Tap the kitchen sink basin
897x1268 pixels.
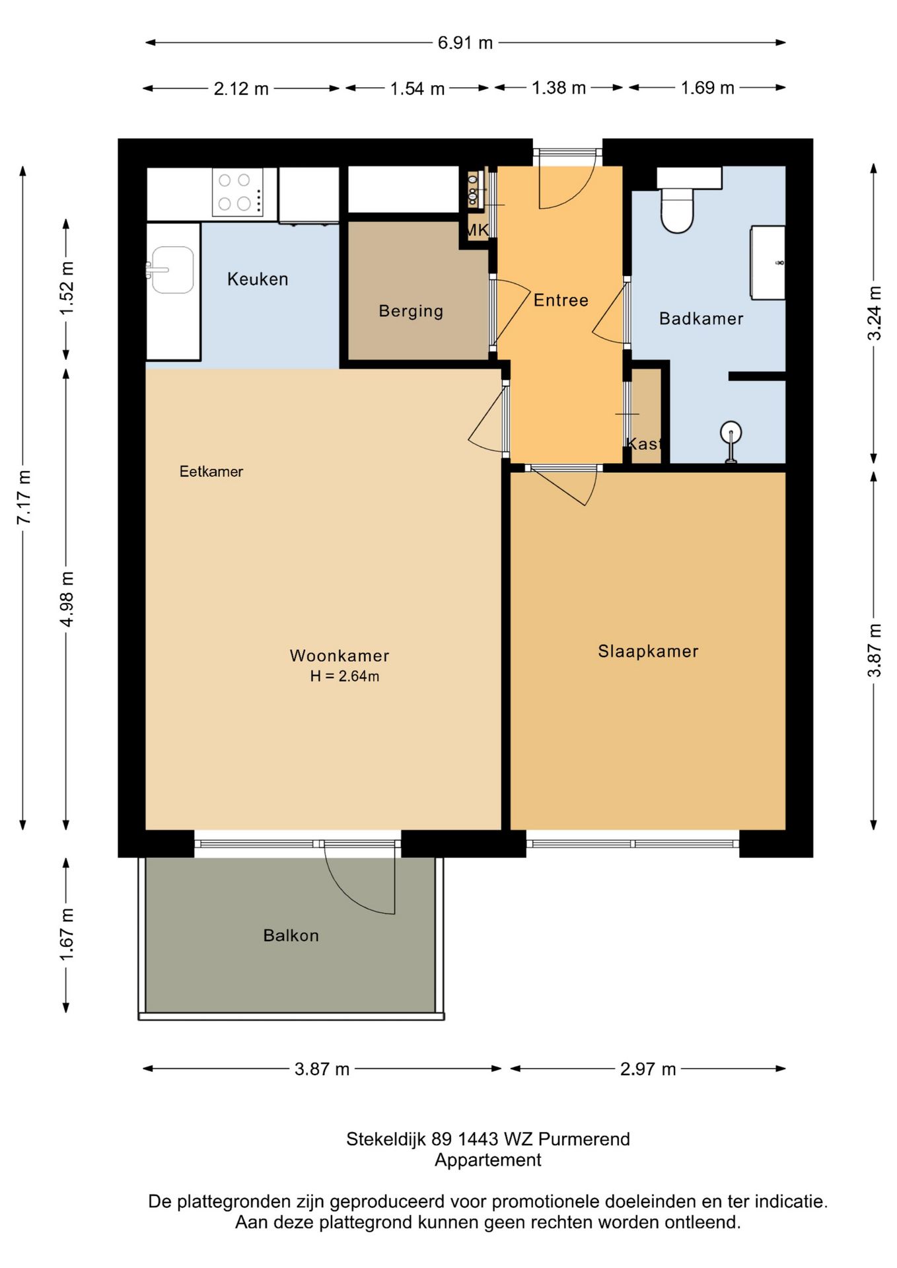172,269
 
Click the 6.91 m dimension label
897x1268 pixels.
465,43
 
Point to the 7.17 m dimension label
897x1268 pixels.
24,497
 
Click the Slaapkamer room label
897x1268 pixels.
648,651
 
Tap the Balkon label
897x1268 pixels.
291,935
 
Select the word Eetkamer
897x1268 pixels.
211,472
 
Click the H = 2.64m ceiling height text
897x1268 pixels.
345,676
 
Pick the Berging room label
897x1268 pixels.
411,311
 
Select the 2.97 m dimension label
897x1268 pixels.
648,1069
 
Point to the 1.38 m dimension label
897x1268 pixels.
559,88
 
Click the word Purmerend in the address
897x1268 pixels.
584,1139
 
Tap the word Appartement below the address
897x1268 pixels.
488,1160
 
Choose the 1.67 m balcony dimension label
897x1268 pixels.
67,934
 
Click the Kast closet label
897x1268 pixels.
644,443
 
